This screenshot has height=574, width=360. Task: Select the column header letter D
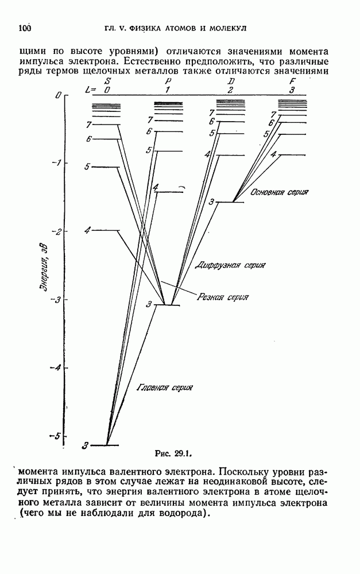[230, 81]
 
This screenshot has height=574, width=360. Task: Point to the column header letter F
[292, 81]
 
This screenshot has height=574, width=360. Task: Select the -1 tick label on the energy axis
[54, 163]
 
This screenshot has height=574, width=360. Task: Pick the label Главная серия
[164, 387]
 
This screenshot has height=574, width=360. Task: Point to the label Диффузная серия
[230, 265]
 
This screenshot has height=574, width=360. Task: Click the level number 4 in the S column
[87, 230]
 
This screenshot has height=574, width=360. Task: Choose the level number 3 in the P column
[149, 304]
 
